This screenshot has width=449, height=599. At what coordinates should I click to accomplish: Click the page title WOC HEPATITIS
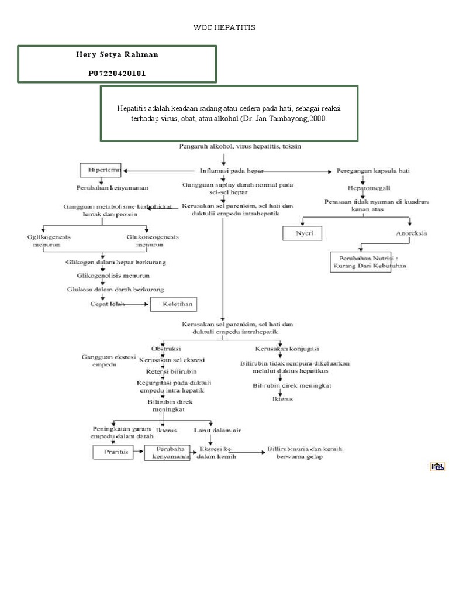[x=224, y=27]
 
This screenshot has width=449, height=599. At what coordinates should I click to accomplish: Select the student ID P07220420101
[x=117, y=73]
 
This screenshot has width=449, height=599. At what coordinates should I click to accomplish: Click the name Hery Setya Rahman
[x=117, y=54]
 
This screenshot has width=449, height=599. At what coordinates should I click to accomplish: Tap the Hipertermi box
[x=100, y=170]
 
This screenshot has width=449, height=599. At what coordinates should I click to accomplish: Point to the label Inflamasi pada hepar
[x=232, y=171]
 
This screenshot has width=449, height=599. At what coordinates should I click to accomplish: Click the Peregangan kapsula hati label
[x=373, y=171]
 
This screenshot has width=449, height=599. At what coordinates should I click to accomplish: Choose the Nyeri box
[x=302, y=233]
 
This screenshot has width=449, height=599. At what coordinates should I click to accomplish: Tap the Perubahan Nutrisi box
[x=369, y=261]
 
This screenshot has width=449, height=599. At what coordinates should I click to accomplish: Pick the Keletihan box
[x=174, y=304]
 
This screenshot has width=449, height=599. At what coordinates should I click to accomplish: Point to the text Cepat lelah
[x=107, y=304]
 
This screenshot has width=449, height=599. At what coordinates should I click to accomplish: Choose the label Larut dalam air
[x=217, y=430]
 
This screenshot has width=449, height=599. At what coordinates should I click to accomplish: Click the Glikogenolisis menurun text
[x=113, y=275]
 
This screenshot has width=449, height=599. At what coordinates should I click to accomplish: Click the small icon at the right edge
[x=437, y=466]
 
